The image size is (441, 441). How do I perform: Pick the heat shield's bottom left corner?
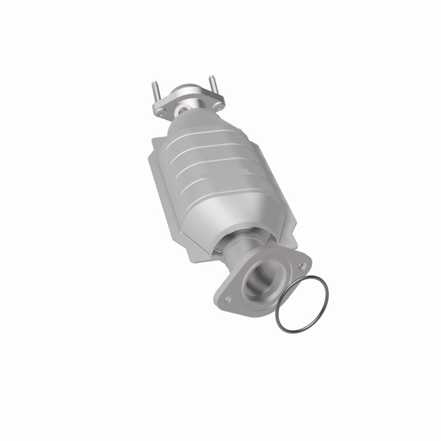point(193,260)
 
